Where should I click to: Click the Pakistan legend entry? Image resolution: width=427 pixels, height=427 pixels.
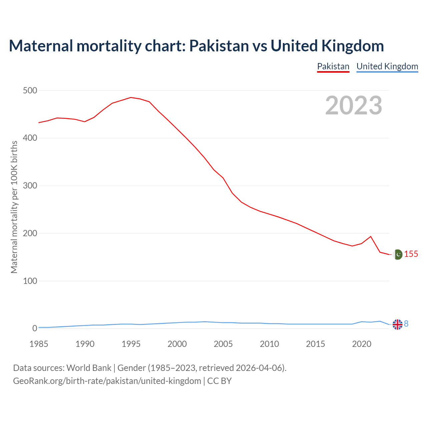click(333, 66)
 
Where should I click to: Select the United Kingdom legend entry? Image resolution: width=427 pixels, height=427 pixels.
click(387, 66)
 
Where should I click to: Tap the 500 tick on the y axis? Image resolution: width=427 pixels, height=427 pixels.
click(30, 90)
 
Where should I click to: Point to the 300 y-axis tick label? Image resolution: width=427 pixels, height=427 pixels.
click(30, 185)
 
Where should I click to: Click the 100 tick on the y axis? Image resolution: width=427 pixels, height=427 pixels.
click(30, 281)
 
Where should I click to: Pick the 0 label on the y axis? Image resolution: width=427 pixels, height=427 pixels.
click(35, 328)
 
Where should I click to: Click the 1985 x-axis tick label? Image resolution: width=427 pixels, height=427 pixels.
click(39, 344)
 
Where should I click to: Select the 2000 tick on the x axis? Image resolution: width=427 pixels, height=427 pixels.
click(177, 344)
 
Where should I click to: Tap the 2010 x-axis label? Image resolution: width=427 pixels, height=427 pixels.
click(269, 344)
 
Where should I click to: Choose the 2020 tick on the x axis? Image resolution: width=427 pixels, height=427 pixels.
click(362, 344)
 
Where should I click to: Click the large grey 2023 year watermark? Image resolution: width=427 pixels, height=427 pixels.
click(354, 105)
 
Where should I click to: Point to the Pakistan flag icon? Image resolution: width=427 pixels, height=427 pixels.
click(397, 255)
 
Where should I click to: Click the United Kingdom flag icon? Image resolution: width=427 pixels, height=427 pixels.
click(397, 324)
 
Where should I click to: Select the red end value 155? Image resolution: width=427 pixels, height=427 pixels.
click(411, 254)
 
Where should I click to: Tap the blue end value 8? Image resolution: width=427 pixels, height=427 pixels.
click(406, 324)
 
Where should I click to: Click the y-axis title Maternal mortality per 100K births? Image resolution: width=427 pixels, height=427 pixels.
click(14, 207)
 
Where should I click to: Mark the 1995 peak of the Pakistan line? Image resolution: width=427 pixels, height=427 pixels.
click(131, 97)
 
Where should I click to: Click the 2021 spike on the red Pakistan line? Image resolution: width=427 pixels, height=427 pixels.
click(371, 237)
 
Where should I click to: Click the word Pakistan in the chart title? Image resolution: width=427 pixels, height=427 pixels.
click(219, 46)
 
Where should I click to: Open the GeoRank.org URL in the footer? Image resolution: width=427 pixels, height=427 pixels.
click(107, 381)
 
